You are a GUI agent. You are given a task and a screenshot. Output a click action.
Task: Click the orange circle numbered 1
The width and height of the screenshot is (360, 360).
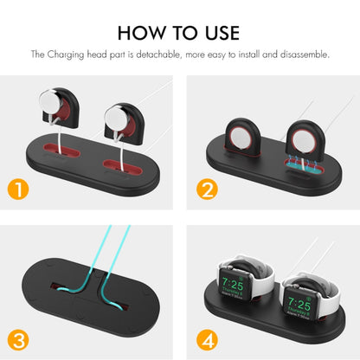[16, 188]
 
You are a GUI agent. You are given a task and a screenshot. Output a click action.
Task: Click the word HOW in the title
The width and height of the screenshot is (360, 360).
[141, 33]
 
